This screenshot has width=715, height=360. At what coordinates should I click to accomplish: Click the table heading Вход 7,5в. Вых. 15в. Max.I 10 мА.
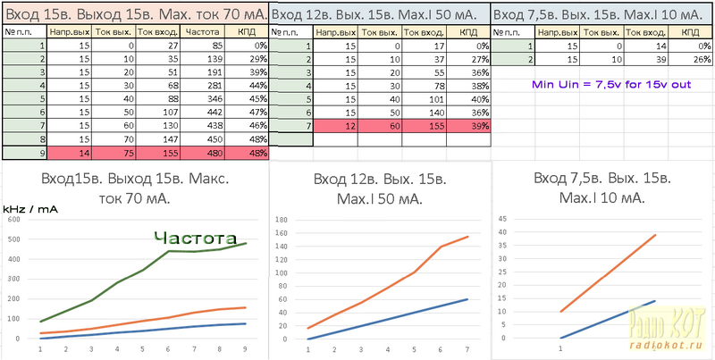point(601,15)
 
